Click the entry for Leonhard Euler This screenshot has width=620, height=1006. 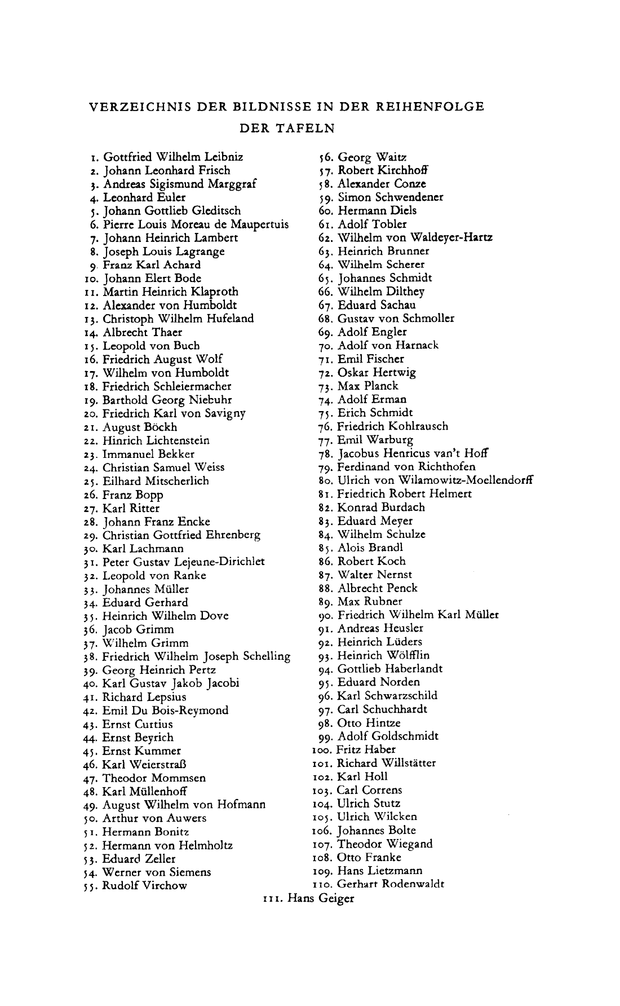144,197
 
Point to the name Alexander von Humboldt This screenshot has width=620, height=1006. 170,305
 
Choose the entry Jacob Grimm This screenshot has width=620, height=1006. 138,629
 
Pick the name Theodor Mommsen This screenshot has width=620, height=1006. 154,778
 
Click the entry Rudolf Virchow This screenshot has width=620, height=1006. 144,885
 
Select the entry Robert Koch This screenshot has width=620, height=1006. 371,561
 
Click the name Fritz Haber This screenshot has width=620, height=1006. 366,749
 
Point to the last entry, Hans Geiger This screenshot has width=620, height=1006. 321,898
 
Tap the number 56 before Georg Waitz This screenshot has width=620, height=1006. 325,157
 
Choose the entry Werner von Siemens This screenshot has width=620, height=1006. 157,872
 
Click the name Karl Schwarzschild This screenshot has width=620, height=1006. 387,696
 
